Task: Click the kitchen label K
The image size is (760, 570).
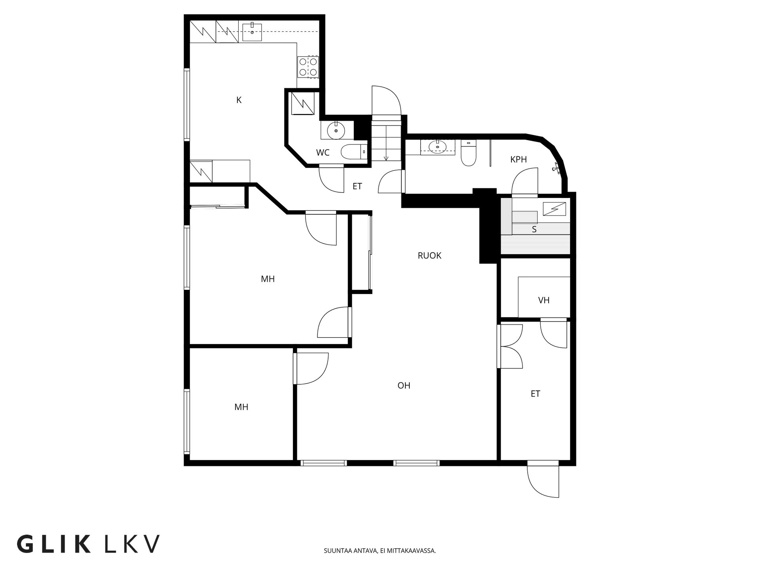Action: pos(239,100)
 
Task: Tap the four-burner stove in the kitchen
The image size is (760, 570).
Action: pos(308,67)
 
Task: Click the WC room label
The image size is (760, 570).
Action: pos(323,153)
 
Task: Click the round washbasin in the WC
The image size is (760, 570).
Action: pos(336,130)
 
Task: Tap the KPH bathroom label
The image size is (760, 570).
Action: pos(519,160)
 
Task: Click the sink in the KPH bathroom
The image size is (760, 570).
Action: pos(437,147)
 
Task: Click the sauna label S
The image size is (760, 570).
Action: pos(534,230)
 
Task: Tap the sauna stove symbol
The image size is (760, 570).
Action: pos(554,209)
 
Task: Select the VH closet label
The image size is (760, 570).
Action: pos(544,300)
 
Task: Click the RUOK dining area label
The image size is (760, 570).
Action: pos(429,256)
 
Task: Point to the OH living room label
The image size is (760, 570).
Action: pos(404,386)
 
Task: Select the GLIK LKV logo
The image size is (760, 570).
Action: pos(88,544)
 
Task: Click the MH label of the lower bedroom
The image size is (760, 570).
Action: pos(241,407)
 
